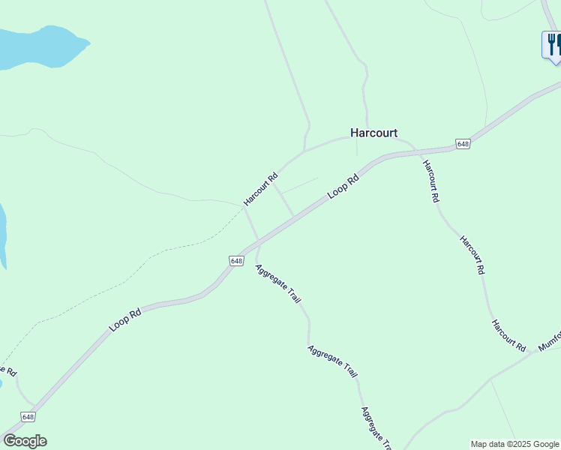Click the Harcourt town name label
click(x=373, y=133)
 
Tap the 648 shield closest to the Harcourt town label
click(x=463, y=144)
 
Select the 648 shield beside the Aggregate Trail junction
click(x=236, y=260)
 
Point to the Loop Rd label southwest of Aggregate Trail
click(x=125, y=319)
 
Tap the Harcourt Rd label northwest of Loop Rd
click(x=260, y=190)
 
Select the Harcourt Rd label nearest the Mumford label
click(x=508, y=334)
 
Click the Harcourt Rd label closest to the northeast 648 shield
click(x=430, y=181)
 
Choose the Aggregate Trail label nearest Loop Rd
click(x=277, y=283)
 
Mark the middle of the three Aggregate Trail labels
click(x=332, y=361)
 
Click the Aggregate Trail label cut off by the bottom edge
click(x=376, y=428)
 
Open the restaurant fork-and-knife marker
click(x=552, y=44)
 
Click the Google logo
click(x=25, y=441)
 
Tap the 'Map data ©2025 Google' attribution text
click(x=514, y=444)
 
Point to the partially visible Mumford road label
click(x=549, y=341)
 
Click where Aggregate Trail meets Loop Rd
click(x=259, y=243)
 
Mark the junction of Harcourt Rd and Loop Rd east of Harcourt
click(x=415, y=151)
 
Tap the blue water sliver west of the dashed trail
click(x=2, y=232)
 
